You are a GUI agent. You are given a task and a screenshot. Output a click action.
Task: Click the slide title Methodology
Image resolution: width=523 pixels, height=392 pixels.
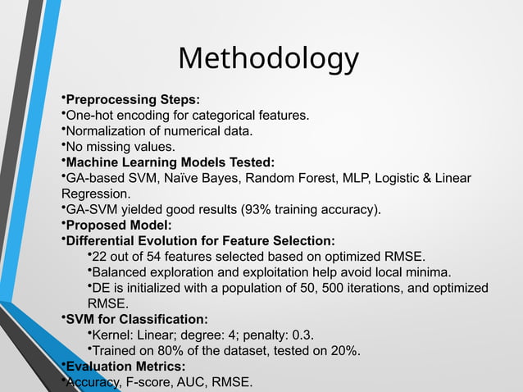click(x=268, y=59)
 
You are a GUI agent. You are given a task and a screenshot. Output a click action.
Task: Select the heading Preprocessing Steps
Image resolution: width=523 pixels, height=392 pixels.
click(x=132, y=100)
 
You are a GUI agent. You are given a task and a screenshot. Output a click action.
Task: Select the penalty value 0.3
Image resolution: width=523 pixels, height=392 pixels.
click(x=303, y=335)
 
